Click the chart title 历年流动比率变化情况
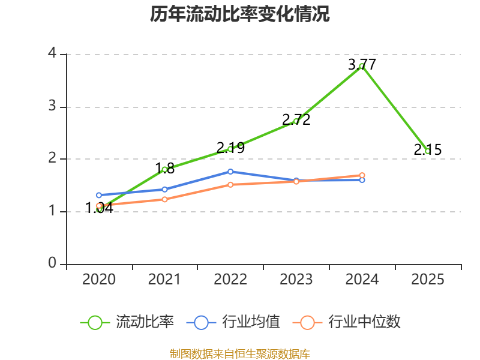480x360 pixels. (x=239, y=14)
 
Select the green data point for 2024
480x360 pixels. (x=362, y=66)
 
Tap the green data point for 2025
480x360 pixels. (x=428, y=151)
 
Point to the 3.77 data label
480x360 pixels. (x=362, y=65)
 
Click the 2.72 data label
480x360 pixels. (x=296, y=119)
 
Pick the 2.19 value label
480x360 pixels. (x=230, y=148)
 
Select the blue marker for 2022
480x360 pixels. (x=230, y=172)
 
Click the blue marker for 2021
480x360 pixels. (x=164, y=190)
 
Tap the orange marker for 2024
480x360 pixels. (x=362, y=175)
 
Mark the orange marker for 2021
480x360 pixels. (x=164, y=199)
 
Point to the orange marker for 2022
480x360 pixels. (x=230, y=185)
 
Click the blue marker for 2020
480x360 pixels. (x=99, y=195)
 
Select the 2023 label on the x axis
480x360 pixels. (x=296, y=280)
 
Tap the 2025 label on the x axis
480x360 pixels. (x=428, y=280)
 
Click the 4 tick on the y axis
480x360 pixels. (x=52, y=53)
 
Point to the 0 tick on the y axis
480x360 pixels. (x=52, y=263)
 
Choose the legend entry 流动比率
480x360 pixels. (x=127, y=322)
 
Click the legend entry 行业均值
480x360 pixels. (x=233, y=322)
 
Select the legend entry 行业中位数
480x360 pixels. (x=346, y=322)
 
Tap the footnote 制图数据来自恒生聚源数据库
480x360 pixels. (x=240, y=353)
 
